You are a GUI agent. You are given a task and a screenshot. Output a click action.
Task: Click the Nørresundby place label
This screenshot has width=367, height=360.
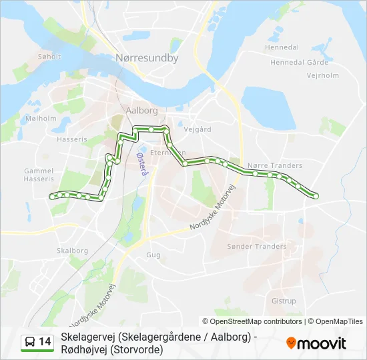pos(147,58)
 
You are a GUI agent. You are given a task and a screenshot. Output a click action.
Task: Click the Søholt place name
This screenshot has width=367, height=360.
pos(49,57)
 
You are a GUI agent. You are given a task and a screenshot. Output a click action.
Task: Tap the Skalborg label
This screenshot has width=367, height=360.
pos(73,251)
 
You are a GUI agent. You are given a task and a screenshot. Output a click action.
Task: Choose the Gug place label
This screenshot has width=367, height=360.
pos(153,255)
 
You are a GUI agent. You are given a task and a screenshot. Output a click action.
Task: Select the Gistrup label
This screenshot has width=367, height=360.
pos(284,301)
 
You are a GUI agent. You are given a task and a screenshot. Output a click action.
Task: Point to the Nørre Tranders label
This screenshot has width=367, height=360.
pos(275,165)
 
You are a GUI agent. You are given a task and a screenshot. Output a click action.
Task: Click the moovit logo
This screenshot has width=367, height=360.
pos(316,343)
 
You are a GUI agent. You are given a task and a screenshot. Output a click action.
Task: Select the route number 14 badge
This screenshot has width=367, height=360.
pos(37,342)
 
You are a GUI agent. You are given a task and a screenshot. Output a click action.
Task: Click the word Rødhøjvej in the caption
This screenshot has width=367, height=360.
pos(83,349)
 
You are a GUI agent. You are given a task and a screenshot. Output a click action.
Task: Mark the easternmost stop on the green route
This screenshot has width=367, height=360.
pos(315,195)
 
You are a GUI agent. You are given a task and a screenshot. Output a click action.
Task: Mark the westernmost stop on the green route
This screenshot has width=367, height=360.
pos(51,195)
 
